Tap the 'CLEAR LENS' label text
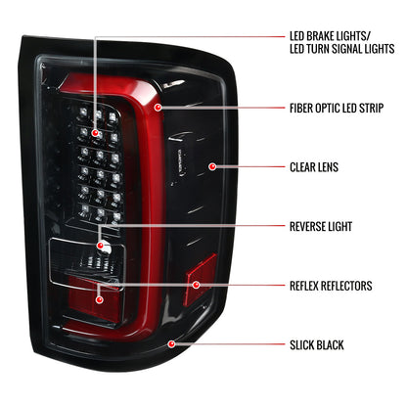click(x=313, y=167)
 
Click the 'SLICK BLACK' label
click(x=316, y=345)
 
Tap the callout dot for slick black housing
click(x=172, y=344)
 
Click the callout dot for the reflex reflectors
click(x=196, y=286)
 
